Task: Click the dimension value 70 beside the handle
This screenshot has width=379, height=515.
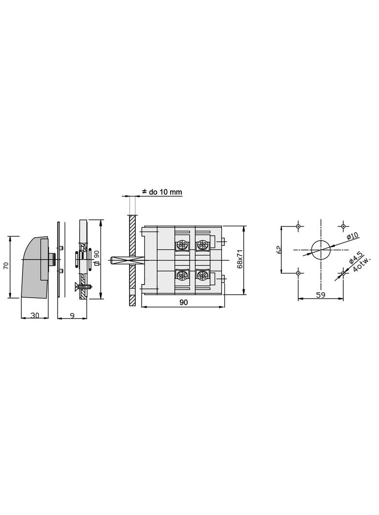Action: click(6, 265)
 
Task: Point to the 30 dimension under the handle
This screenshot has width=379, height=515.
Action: click(35, 315)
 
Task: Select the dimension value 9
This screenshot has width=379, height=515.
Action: click(72, 315)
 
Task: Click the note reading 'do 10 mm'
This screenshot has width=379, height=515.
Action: click(161, 192)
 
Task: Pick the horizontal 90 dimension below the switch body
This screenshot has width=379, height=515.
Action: click(183, 302)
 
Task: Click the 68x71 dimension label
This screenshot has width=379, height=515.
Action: click(240, 259)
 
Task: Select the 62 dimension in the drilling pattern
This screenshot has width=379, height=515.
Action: click(279, 249)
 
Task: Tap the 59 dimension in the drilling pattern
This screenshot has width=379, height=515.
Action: click(320, 295)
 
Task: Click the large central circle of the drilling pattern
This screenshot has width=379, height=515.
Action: click(321, 249)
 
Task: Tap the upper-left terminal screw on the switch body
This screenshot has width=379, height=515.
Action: click(182, 244)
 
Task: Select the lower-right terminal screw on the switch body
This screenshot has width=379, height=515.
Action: click(201, 275)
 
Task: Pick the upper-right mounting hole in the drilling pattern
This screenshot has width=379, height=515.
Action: click(343, 226)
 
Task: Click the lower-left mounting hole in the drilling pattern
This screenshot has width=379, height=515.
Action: click(298, 273)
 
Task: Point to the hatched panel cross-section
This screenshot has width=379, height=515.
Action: click(132, 261)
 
